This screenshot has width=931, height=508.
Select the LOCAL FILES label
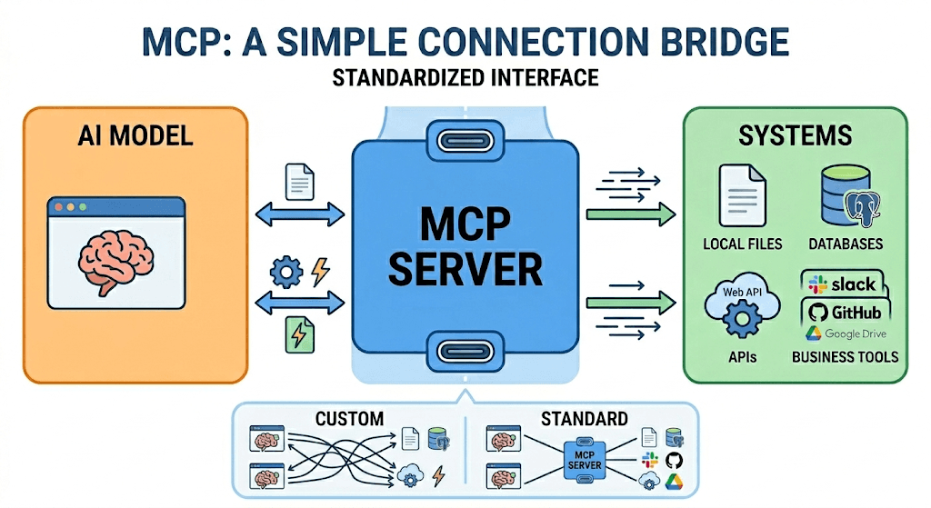pyautogui.click(x=742, y=244)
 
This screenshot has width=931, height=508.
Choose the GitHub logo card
pyautogui.click(x=845, y=313)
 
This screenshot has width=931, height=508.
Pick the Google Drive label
pyautogui.click(x=849, y=334)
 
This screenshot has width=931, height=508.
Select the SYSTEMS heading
pyautogui.click(x=795, y=136)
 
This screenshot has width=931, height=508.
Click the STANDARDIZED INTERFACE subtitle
pyautogui.click(x=465, y=77)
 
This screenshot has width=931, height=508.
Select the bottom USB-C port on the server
pyautogui.click(x=465, y=351)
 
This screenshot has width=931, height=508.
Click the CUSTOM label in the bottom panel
pyautogui.click(x=349, y=419)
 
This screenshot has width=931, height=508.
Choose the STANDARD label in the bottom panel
pyautogui.click(x=584, y=419)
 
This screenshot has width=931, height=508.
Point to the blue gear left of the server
pyautogui.click(x=286, y=271)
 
